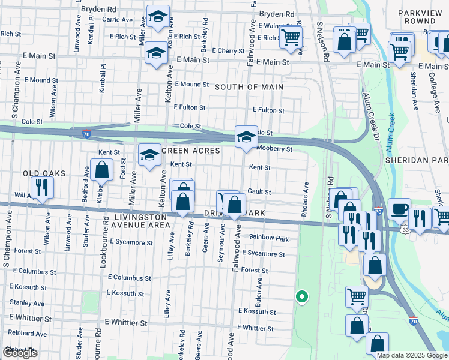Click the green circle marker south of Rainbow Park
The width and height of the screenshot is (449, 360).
click(302, 296)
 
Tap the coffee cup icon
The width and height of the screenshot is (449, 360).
click(399, 209)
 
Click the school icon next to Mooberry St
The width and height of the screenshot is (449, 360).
click(246, 137)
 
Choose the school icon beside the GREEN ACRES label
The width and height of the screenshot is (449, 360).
click(149, 155)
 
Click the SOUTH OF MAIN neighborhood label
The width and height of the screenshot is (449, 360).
click(249, 87)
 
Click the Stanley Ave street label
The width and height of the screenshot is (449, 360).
click(26, 304)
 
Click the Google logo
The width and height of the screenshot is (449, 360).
click(20, 353)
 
